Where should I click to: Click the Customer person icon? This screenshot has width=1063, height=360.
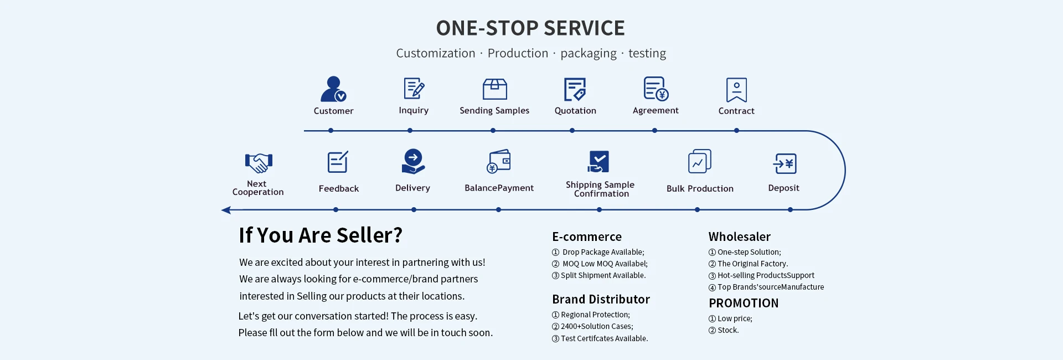point(333,89)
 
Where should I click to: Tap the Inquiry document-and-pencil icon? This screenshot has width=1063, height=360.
point(414,89)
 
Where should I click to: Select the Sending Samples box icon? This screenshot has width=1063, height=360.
point(494,89)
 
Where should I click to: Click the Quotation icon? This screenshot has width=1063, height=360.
point(575,89)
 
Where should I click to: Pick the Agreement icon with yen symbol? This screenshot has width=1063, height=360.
point(656,89)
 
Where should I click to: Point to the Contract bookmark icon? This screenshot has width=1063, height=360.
point(736,90)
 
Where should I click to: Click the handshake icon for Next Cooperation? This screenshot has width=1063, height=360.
point(259,163)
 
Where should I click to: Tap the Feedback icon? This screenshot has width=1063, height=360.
point(338,162)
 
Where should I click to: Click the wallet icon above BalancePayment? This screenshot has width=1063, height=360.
point(499,161)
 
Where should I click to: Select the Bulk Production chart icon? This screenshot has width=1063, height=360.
point(699,162)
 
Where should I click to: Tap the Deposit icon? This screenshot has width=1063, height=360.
point(785,163)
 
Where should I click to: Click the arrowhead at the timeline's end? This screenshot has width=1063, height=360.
point(226,210)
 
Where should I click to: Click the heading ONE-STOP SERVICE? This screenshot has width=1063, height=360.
point(530,28)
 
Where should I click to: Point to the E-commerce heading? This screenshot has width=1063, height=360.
point(587,236)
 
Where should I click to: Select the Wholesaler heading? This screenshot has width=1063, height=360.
point(739,236)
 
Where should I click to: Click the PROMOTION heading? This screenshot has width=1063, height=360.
point(744,303)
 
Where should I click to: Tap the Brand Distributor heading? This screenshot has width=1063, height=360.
point(601,299)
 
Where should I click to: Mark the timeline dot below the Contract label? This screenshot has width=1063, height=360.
point(736,131)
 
